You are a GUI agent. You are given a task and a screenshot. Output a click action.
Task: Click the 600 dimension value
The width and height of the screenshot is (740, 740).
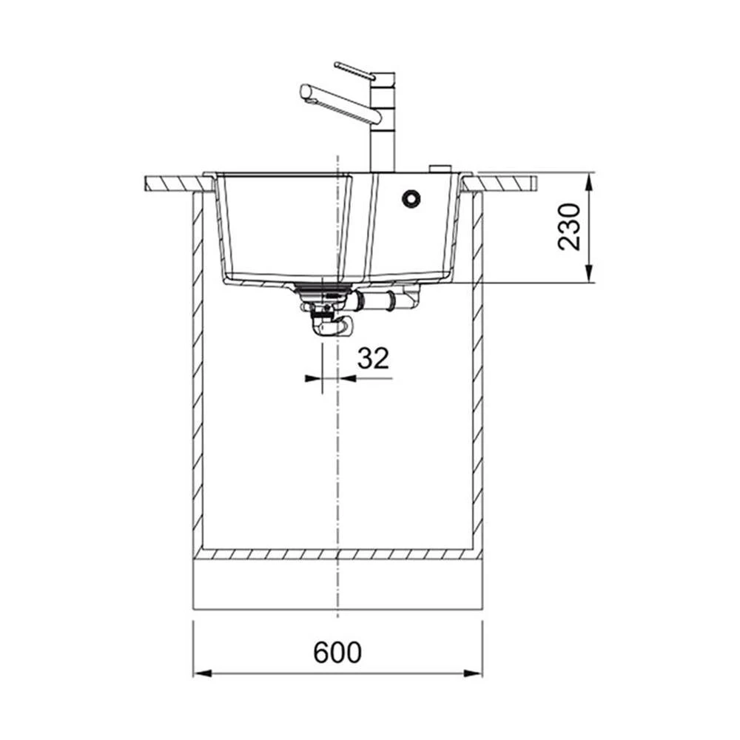(x=337, y=652)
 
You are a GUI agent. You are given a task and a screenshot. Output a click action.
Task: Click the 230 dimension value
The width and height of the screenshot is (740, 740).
(x=568, y=227)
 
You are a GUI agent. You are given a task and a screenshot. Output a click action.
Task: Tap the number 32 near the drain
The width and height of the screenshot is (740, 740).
(x=373, y=358)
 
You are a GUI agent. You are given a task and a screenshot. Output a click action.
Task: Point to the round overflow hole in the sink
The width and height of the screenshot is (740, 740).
(x=411, y=198)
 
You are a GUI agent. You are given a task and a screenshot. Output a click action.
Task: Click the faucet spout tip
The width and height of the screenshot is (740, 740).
(x=306, y=92)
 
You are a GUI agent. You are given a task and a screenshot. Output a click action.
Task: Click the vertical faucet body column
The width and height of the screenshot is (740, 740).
(x=383, y=122)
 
